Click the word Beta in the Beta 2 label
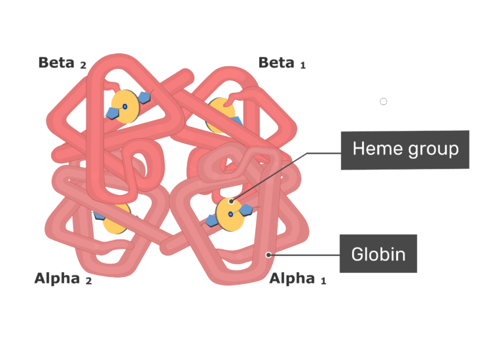pos(56,62)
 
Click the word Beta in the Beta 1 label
pos(276,62)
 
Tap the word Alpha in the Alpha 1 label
pos(292,278)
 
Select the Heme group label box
pos(405,149)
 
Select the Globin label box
pos(378,253)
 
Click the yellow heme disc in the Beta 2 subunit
pos(124,107)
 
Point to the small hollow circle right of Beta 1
pos(384,101)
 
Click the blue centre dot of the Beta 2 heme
pos(124,105)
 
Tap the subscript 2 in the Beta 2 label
pos(83,65)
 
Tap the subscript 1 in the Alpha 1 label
pos(323,281)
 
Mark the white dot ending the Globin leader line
pos(268,254)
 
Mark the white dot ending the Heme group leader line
pos(232,202)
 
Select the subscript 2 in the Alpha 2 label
pos(88,281)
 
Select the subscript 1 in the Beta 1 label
pos(303,65)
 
